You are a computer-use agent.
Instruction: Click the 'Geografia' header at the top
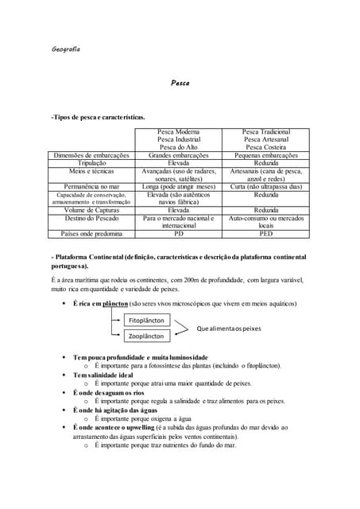tap(65, 49)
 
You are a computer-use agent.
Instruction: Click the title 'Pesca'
tap(180, 83)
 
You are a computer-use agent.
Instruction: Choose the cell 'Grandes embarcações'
tap(179, 155)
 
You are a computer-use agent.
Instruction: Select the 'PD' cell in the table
tap(179, 234)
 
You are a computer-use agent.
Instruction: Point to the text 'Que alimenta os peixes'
tap(229, 328)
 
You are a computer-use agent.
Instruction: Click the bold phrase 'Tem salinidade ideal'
tap(108, 375)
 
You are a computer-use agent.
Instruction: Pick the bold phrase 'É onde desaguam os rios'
tap(114, 392)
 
